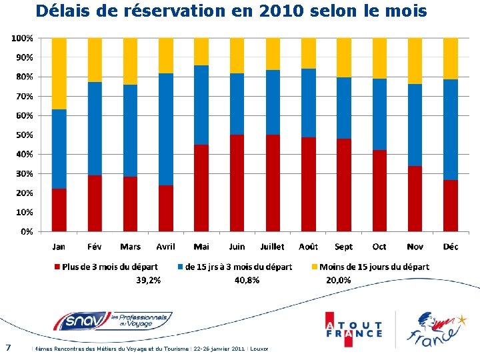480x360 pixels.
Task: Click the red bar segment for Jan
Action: coord(59,210)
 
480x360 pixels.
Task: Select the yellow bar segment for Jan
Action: coord(59,73)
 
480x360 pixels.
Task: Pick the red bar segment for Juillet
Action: coord(273,183)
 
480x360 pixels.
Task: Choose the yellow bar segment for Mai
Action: coord(201,51)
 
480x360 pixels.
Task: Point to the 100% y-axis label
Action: coord(21,38)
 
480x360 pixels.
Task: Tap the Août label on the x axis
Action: coord(308,247)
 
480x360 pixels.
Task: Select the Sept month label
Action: coord(344,247)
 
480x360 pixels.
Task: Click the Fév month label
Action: coord(95,247)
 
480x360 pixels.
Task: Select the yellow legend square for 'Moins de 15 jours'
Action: coord(315,267)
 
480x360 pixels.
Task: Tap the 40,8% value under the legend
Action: coord(247,281)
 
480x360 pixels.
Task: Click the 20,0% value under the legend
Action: coord(339,281)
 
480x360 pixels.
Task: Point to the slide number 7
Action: coord(7,347)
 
